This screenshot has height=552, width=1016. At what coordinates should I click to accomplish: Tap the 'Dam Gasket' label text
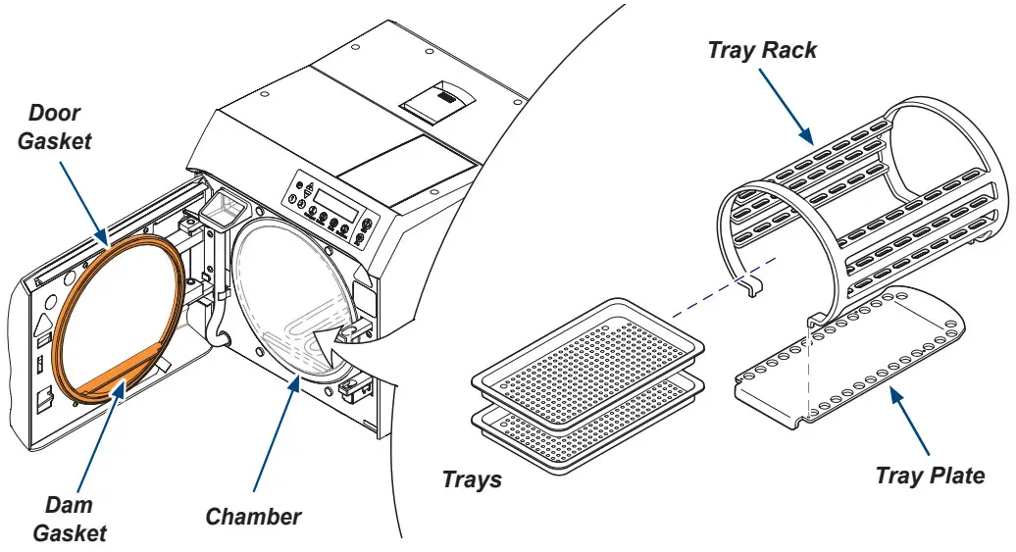pyautogui.click(x=69, y=519)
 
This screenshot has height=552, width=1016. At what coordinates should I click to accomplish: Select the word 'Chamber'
pyautogui.click(x=253, y=516)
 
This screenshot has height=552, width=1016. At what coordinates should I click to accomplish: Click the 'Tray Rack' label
pyautogui.click(x=762, y=51)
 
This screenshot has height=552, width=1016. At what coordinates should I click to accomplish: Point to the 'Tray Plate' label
pyautogui.click(x=930, y=477)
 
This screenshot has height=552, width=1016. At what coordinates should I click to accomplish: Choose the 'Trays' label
pyautogui.click(x=472, y=479)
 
